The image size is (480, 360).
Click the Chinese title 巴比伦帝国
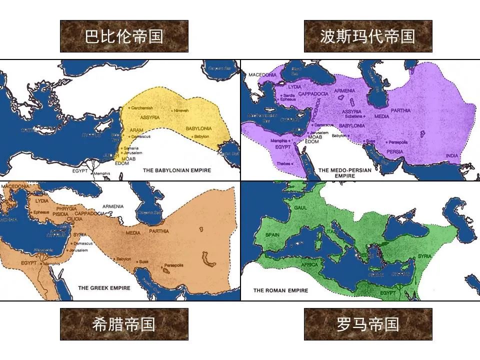coord(124,36)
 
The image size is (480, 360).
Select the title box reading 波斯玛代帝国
coord(368,36)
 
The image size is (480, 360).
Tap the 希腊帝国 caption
coord(124,324)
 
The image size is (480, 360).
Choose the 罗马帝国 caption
coord(368,324)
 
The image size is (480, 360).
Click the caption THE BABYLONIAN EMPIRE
coord(177,170)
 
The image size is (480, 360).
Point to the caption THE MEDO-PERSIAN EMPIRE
coord(345,173)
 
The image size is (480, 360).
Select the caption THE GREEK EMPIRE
coord(104,288)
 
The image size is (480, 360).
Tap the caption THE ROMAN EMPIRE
coord(280,290)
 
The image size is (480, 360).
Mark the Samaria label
coord(131,148)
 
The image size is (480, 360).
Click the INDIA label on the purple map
coord(452,155)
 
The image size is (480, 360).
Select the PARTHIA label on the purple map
coord(400,110)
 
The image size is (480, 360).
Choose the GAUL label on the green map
coord(300,207)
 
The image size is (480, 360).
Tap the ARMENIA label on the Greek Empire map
coord(112,206)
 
